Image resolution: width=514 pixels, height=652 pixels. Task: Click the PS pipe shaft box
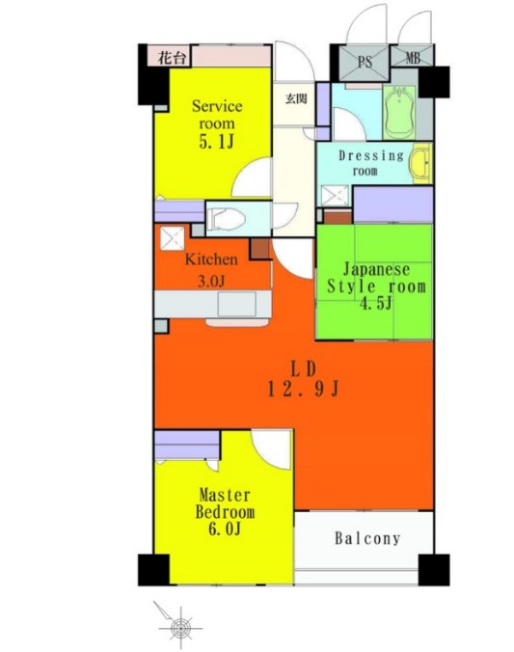pos(364,63)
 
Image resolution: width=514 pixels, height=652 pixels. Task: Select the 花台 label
pos(172,58)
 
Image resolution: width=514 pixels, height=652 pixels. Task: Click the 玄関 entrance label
pos(296,99)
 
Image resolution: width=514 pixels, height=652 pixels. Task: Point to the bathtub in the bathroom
pos(399,112)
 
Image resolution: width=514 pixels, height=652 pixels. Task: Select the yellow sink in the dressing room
pos(420,163)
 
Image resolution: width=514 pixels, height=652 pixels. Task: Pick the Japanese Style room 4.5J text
pos(376,286)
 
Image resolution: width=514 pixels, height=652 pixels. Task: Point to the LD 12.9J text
pos(304,379)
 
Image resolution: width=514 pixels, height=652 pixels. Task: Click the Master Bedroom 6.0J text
pos(225,511)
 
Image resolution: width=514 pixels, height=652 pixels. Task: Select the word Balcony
pos(367,538)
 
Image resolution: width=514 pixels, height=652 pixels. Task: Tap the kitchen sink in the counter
pos(236,304)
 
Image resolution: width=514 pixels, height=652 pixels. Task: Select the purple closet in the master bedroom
pos(187,445)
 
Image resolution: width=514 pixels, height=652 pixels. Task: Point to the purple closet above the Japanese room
pos(392,204)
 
